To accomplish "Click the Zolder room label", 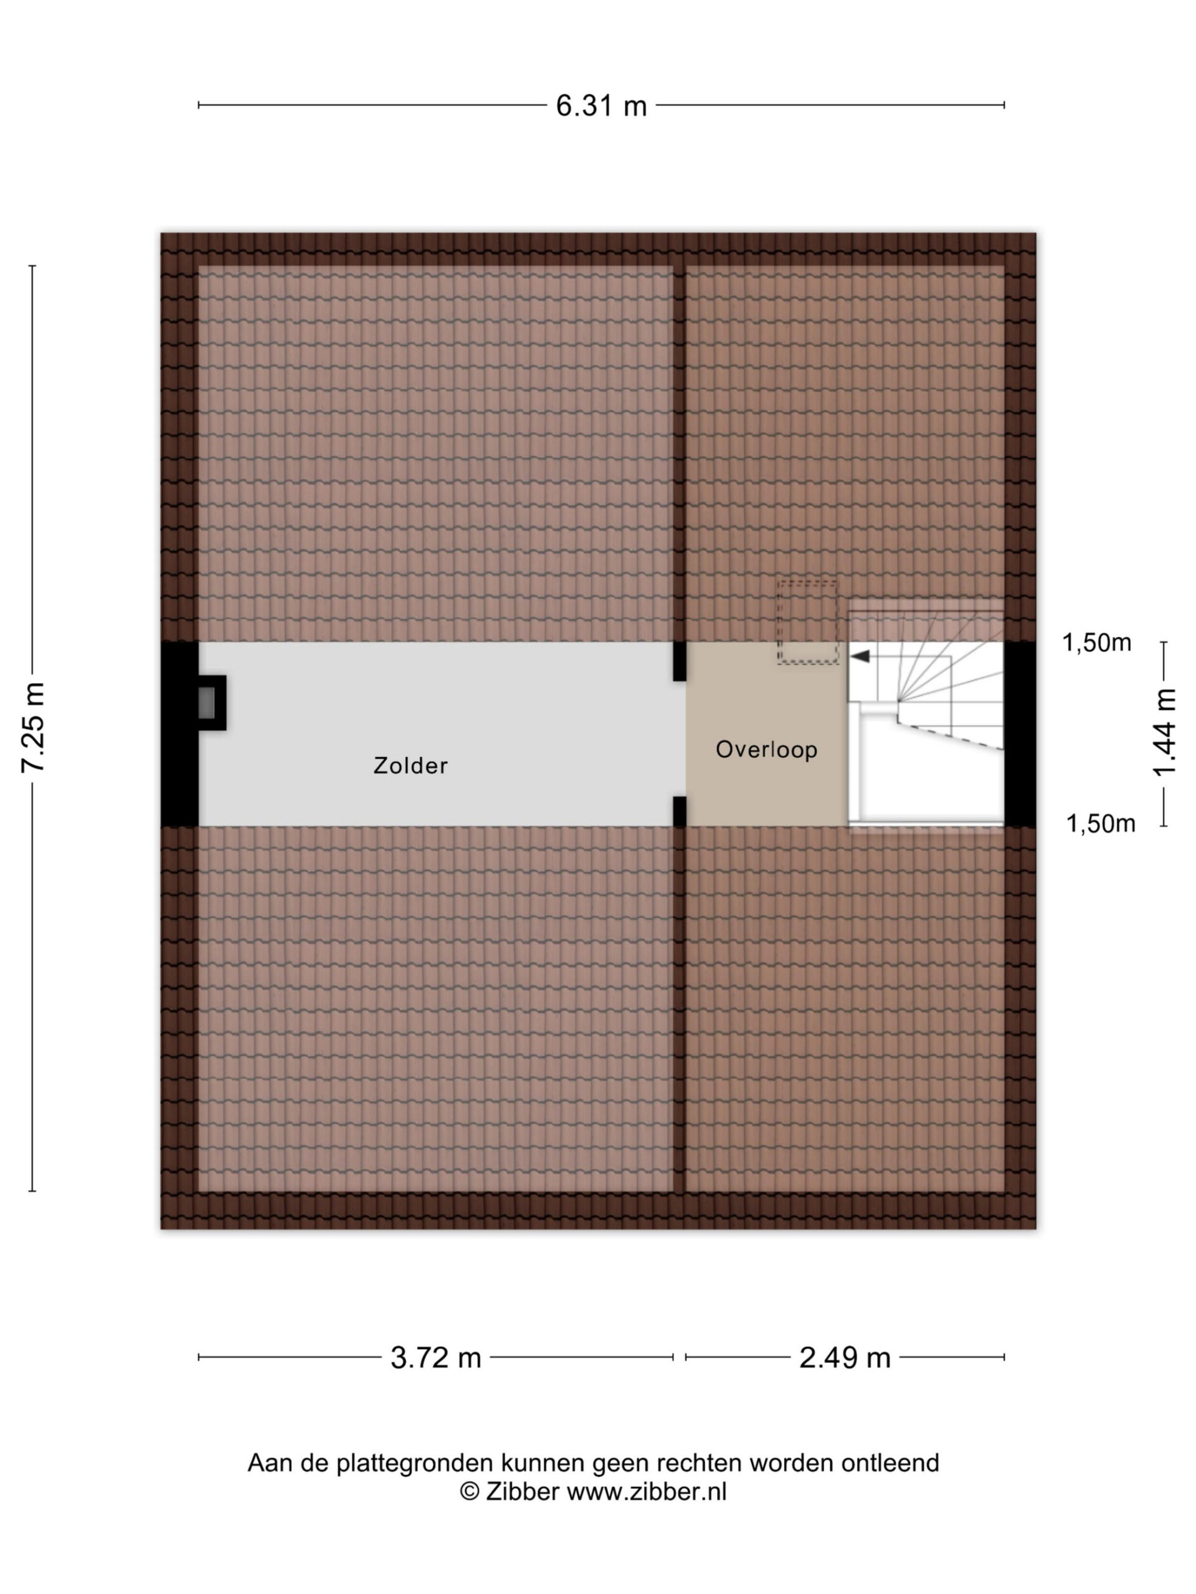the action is pos(411,765).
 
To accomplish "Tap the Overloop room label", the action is pos(766,750).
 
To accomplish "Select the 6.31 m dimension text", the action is pos(601,106).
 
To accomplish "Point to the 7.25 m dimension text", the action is pos(34,728).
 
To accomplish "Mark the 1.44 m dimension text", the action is pos(1165,733).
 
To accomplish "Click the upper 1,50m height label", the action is pos(1096,643).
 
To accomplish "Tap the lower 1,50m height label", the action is pos(1101,823).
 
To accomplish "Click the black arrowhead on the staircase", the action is pos(860,656).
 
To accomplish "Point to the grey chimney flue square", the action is pos(206,702).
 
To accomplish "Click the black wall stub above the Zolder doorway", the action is pos(679,661).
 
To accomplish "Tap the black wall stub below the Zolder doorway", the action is pos(679,811).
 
